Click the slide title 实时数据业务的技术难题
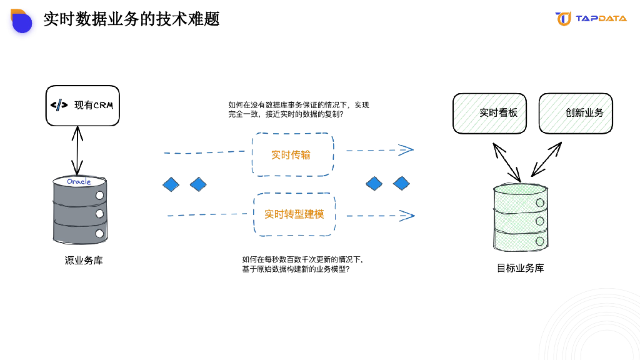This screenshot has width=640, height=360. [131, 19]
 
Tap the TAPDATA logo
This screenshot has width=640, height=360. [591, 19]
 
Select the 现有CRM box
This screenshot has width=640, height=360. [82, 106]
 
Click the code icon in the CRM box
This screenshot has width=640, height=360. [59, 105]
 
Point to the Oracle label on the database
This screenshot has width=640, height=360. [79, 182]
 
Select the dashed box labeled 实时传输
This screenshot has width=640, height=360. [292, 154]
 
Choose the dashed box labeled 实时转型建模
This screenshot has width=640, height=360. [294, 214]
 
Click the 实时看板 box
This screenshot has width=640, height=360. [489, 113]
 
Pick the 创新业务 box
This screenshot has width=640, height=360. [576, 113]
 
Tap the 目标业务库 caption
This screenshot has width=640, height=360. [520, 268]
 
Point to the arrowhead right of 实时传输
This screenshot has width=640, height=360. [407, 149]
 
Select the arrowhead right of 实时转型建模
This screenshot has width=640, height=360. [407, 216]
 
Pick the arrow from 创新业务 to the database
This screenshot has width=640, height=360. [546, 160]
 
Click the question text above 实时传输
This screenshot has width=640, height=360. [299, 110]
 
